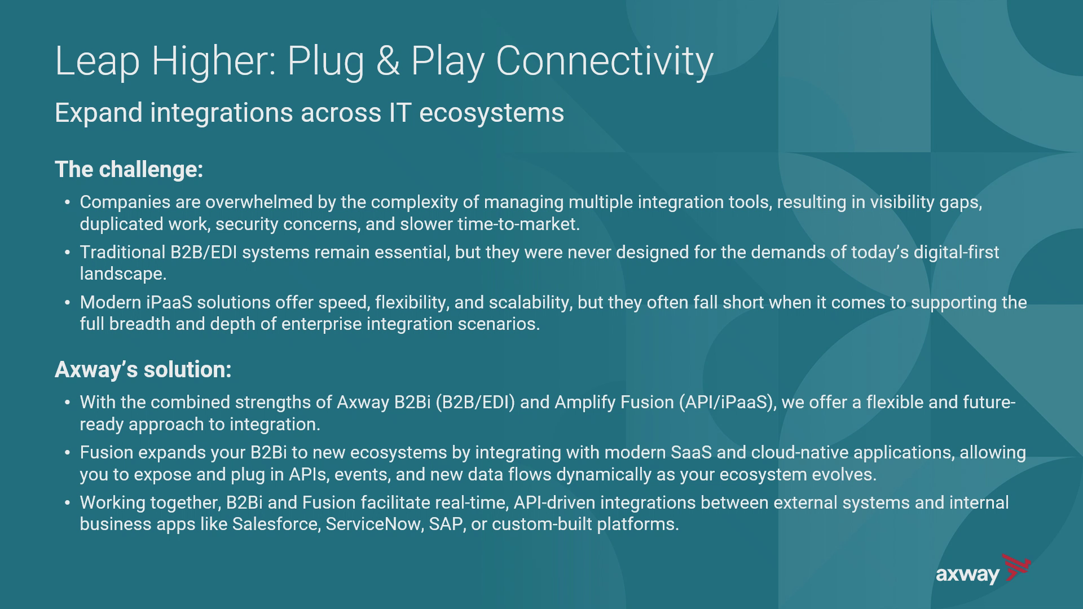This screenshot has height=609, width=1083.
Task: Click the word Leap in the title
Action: tap(97, 61)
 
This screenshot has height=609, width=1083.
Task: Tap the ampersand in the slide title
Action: tap(388, 60)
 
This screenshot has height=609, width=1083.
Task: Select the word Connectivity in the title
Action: tap(605, 61)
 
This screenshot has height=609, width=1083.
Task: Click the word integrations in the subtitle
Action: tap(221, 113)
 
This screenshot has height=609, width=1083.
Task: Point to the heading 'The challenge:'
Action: tap(129, 169)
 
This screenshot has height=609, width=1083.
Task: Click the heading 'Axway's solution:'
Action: tap(143, 369)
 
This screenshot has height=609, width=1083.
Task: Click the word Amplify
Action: tap(585, 403)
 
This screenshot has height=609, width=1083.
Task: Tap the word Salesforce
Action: tap(276, 524)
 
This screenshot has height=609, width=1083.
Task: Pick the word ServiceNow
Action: tap(375, 524)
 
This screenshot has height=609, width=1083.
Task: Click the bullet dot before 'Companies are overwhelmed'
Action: tap(67, 202)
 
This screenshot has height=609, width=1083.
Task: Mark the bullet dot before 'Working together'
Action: tap(67, 503)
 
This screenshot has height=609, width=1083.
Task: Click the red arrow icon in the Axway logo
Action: tap(1016, 567)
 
